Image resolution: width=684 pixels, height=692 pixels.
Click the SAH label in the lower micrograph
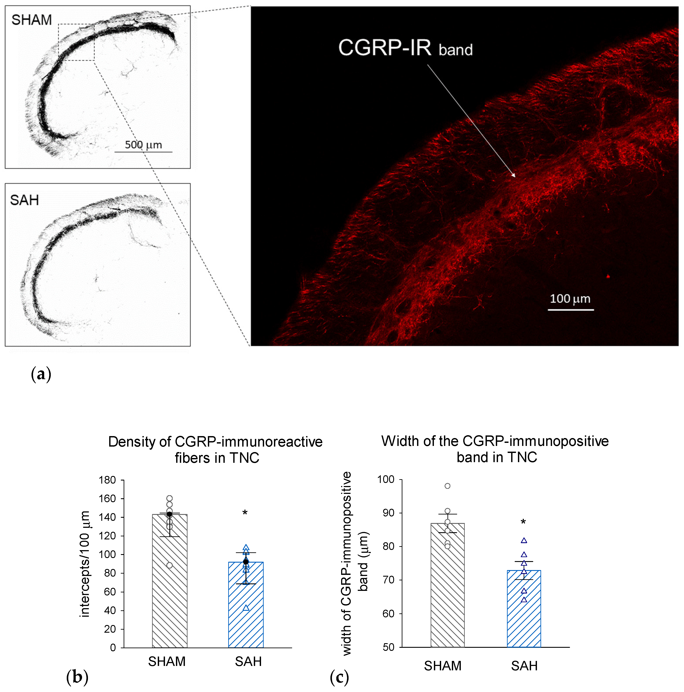[x=24, y=200]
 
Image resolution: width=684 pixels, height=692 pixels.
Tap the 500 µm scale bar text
[x=143, y=145]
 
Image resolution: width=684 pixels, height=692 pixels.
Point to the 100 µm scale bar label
[x=570, y=298]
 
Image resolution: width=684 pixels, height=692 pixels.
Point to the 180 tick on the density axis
[x=107, y=480]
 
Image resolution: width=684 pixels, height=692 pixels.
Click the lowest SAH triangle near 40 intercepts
[x=246, y=608]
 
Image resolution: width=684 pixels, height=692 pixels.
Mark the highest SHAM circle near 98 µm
[x=447, y=486]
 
